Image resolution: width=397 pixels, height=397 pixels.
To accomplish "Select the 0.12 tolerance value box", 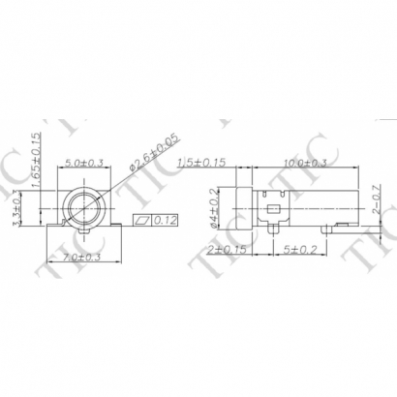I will (x=165, y=221).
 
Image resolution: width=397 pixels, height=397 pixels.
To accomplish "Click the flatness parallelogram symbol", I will (x=144, y=221).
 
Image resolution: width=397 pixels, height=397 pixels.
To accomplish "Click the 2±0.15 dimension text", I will (x=227, y=249).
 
